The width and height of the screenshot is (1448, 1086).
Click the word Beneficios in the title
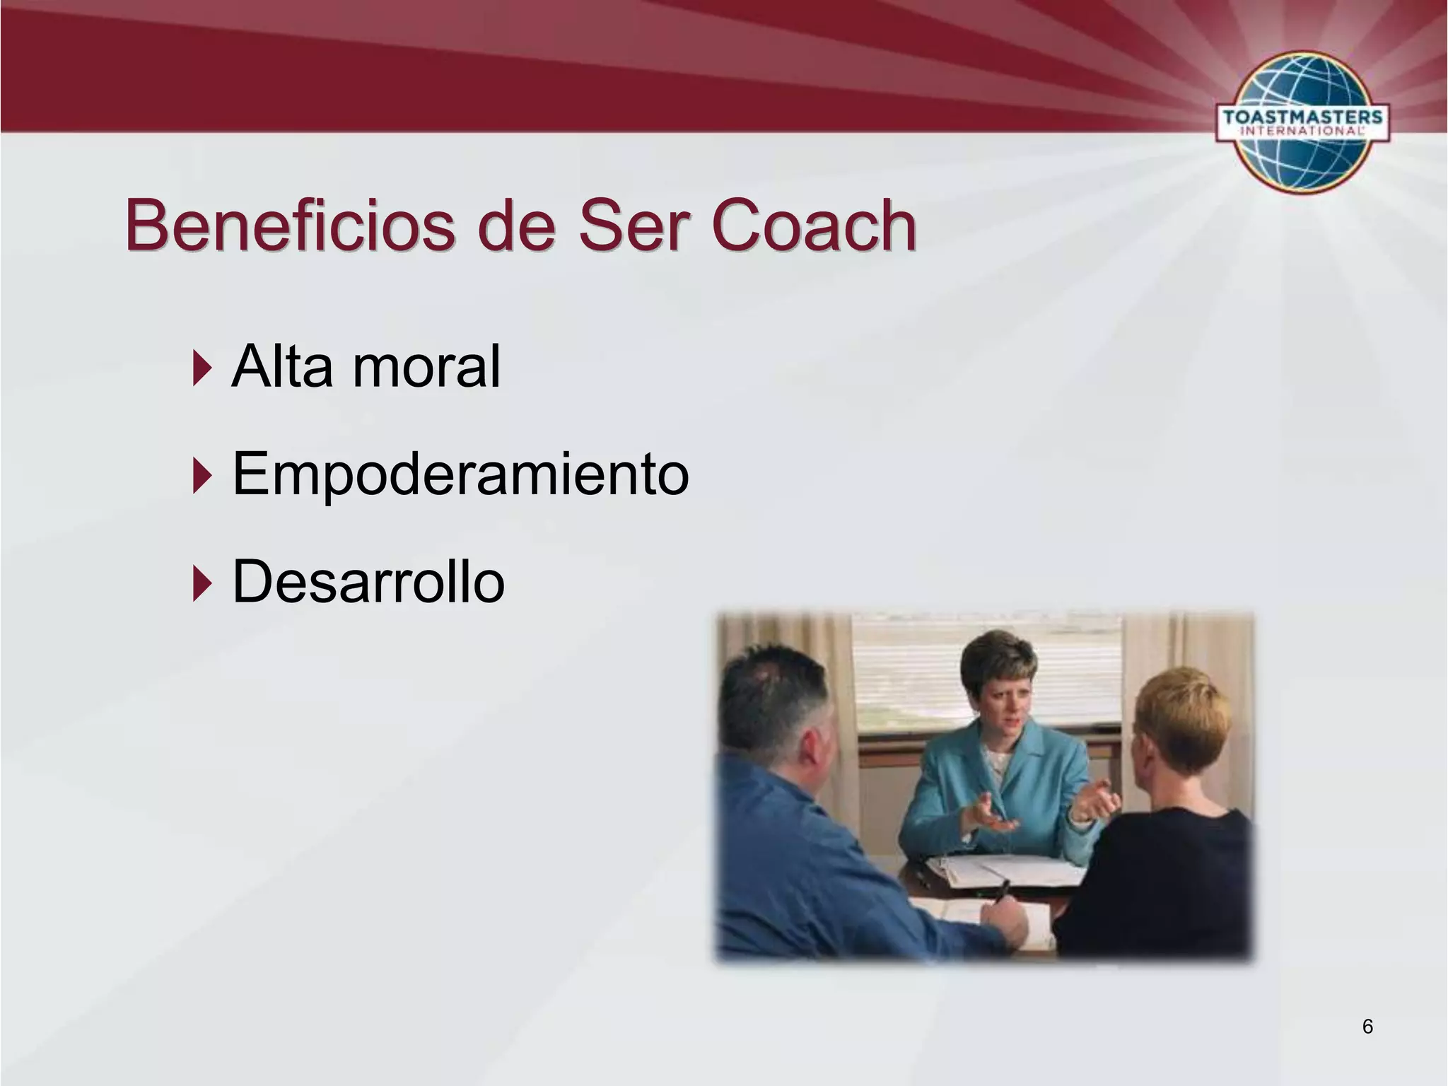(290, 226)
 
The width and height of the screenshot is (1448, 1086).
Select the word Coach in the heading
(813, 226)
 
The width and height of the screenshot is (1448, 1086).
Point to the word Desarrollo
(368, 581)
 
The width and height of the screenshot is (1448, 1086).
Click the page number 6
(1367, 1027)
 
